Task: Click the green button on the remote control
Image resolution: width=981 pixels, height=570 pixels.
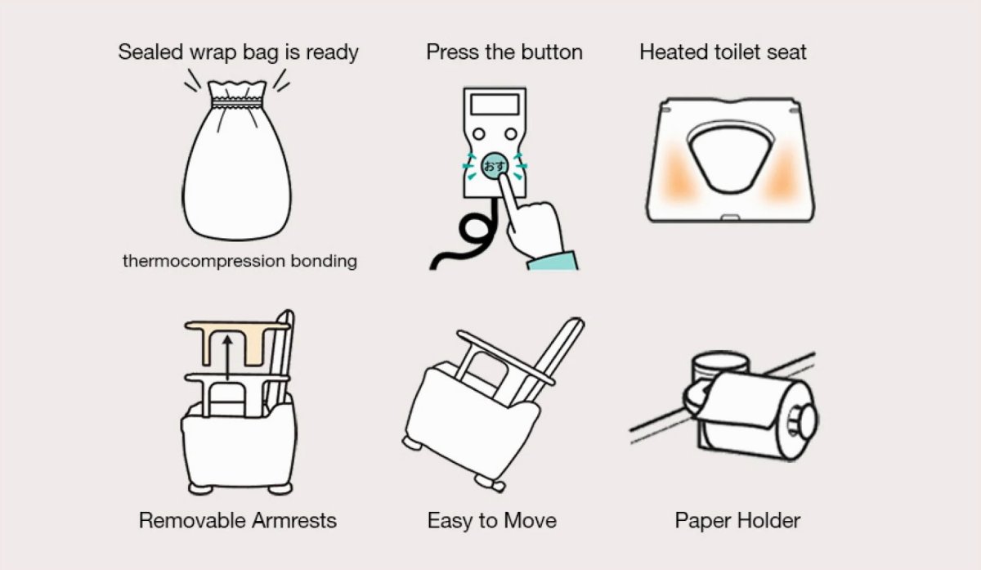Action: (495, 166)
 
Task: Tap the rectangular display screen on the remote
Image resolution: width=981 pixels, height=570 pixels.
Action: (495, 105)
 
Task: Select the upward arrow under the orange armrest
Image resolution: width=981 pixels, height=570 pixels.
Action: (227, 357)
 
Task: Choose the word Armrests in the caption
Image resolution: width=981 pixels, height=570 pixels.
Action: (294, 520)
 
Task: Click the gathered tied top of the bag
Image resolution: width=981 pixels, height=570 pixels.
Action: (237, 93)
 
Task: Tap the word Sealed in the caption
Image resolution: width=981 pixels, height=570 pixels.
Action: (150, 52)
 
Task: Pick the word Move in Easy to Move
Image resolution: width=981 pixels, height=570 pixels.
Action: (530, 520)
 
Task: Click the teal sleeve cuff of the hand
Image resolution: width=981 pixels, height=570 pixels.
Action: (553, 261)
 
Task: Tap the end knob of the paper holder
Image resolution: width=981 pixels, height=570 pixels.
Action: (806, 421)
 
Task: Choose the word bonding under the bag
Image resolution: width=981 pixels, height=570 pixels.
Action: (324, 261)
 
